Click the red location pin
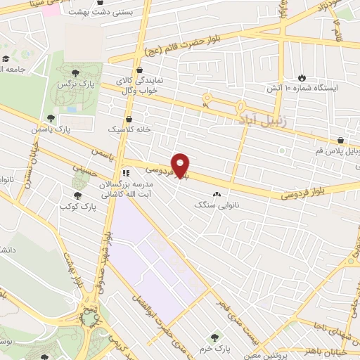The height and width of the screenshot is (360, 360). pos(181,165)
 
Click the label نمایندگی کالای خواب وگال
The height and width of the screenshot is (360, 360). pos(144,85)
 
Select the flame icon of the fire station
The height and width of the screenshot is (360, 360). pos(302,77)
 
